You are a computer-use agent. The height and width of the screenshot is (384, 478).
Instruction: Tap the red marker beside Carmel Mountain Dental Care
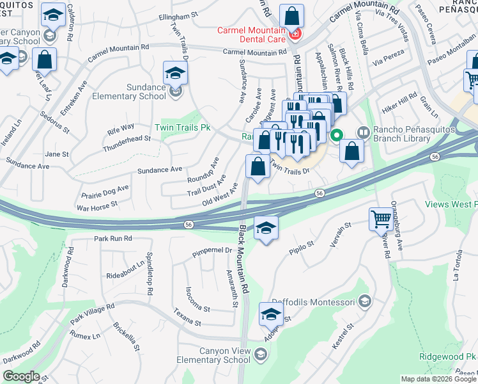pyautogui.click(x=295, y=34)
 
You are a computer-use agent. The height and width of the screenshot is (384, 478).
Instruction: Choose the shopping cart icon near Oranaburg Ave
pyautogui.click(x=381, y=220)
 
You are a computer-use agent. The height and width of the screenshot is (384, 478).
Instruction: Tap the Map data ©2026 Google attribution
pyautogui.click(x=438, y=379)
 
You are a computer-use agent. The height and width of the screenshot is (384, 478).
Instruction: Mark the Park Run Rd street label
pyautogui.click(x=112, y=238)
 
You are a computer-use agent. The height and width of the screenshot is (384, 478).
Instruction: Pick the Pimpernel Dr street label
pyautogui.click(x=212, y=252)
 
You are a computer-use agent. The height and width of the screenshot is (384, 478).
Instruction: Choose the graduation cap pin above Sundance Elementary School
pyautogui.click(x=175, y=73)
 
